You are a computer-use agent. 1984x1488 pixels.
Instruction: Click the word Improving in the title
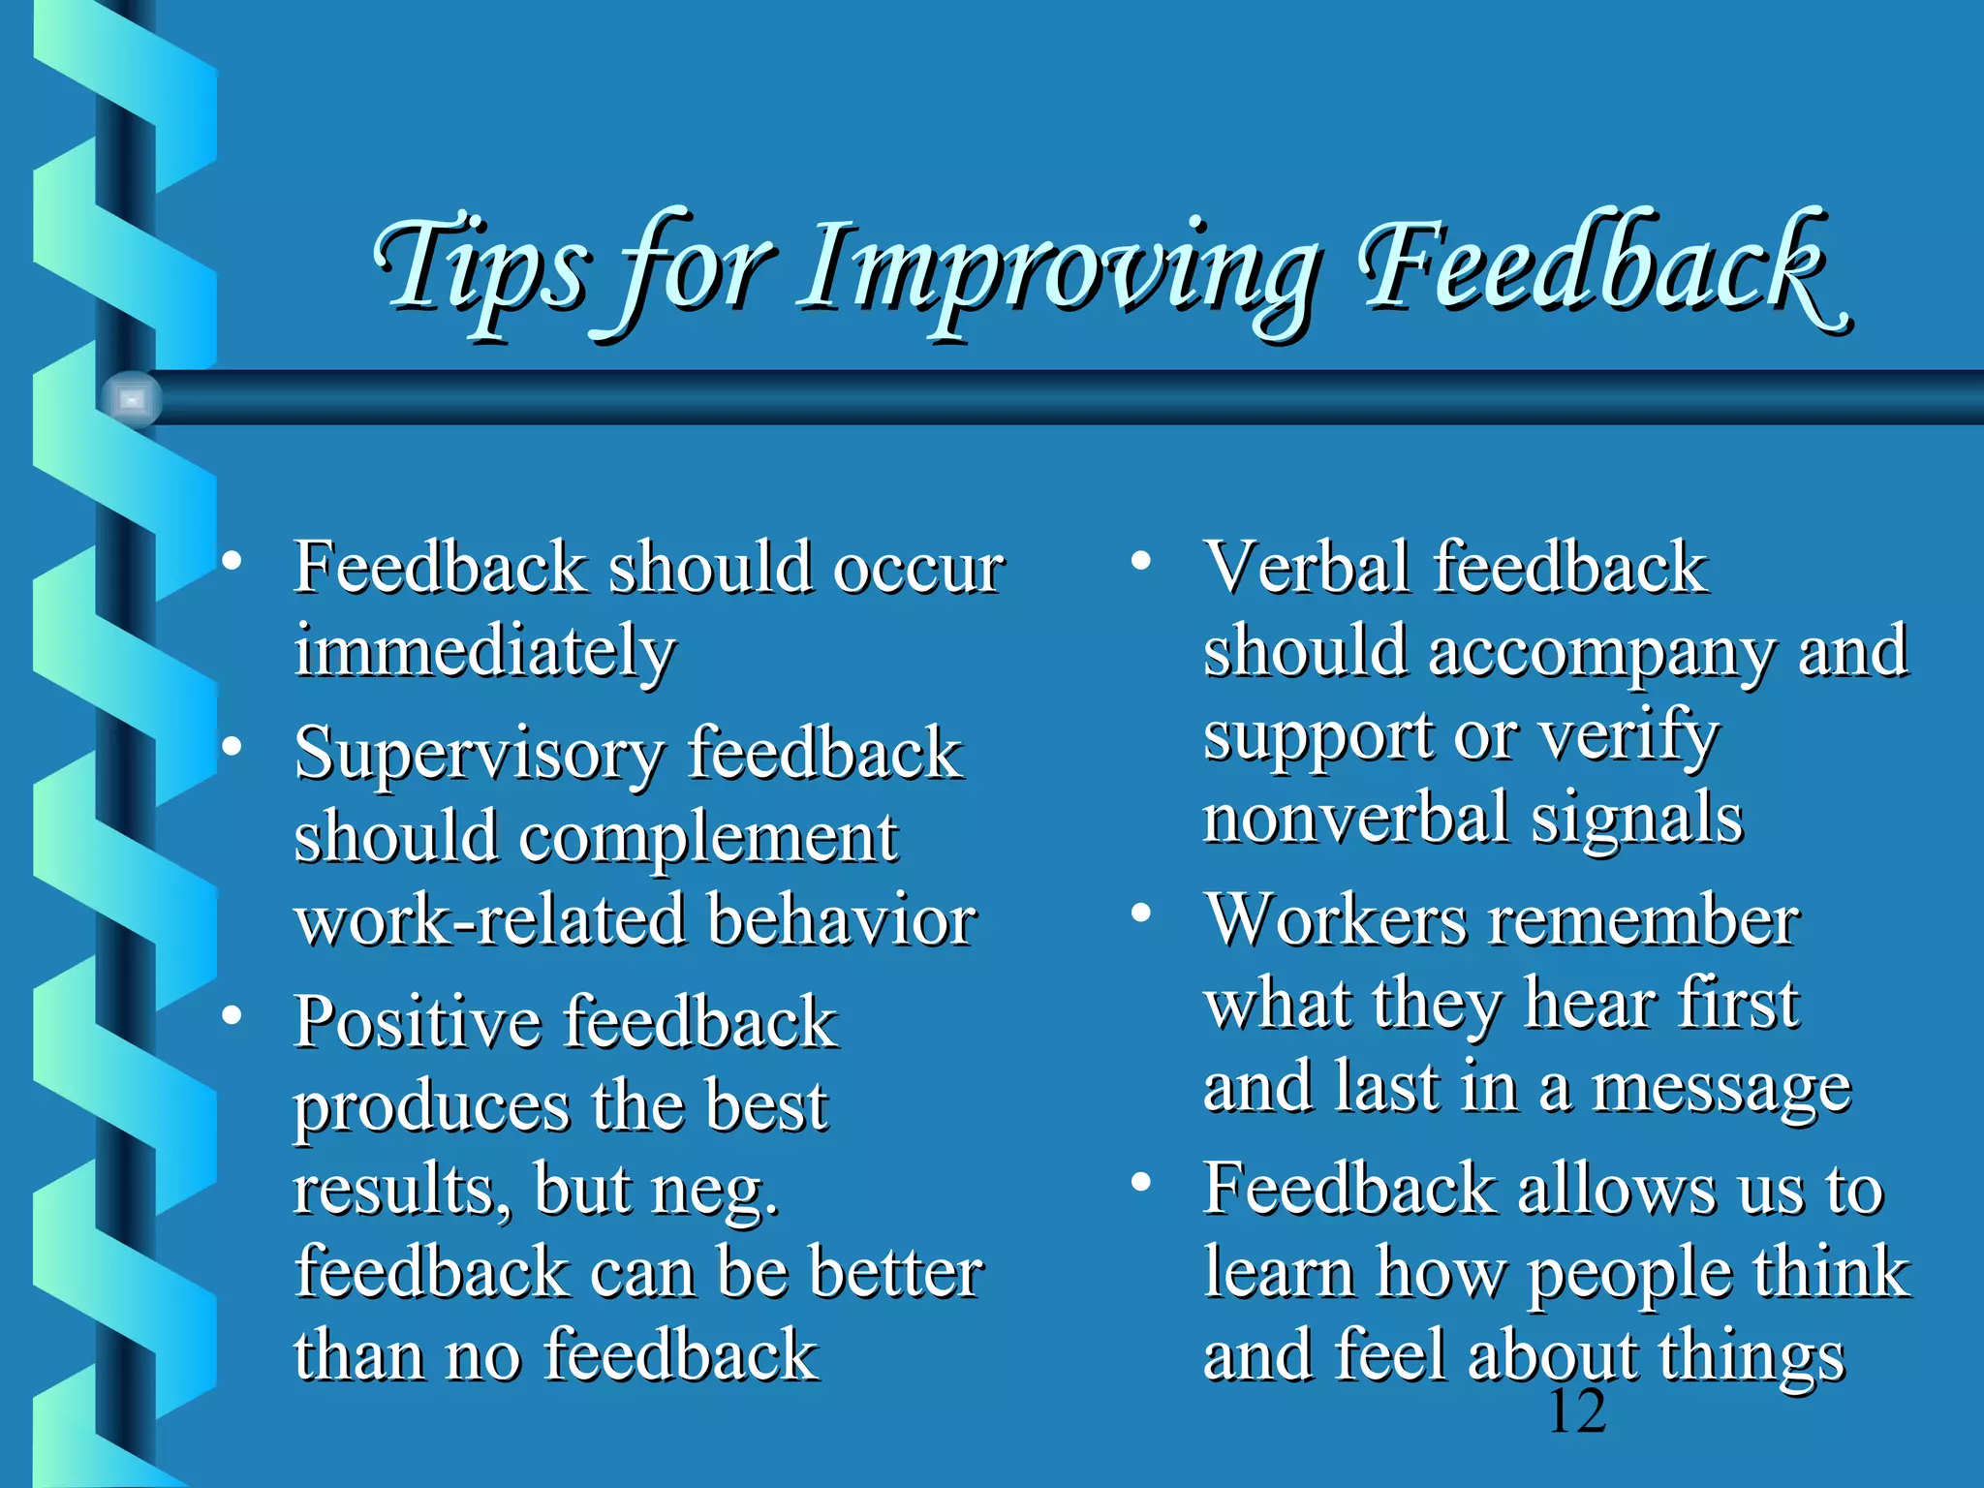tap(1058, 271)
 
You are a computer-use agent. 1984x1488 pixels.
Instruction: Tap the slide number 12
tap(1577, 1411)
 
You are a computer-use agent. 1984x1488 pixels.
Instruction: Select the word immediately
tap(484, 651)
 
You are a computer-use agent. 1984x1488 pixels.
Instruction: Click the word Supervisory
tap(480, 755)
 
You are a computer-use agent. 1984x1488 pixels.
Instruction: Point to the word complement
tap(707, 838)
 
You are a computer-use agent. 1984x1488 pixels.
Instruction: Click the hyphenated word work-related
tap(490, 920)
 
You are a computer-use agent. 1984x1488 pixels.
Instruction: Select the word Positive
tap(418, 1023)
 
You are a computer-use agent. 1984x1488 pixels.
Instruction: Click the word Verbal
tap(1307, 567)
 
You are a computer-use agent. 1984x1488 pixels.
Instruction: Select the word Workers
tap(1336, 920)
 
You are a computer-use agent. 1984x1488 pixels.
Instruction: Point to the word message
tap(1721, 1090)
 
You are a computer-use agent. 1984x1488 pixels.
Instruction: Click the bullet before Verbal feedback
tap(1141, 560)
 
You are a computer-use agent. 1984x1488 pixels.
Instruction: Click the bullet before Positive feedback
tap(231, 1015)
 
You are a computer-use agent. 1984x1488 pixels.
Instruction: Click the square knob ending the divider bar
tap(131, 398)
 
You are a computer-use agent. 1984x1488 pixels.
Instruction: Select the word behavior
tap(841, 920)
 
